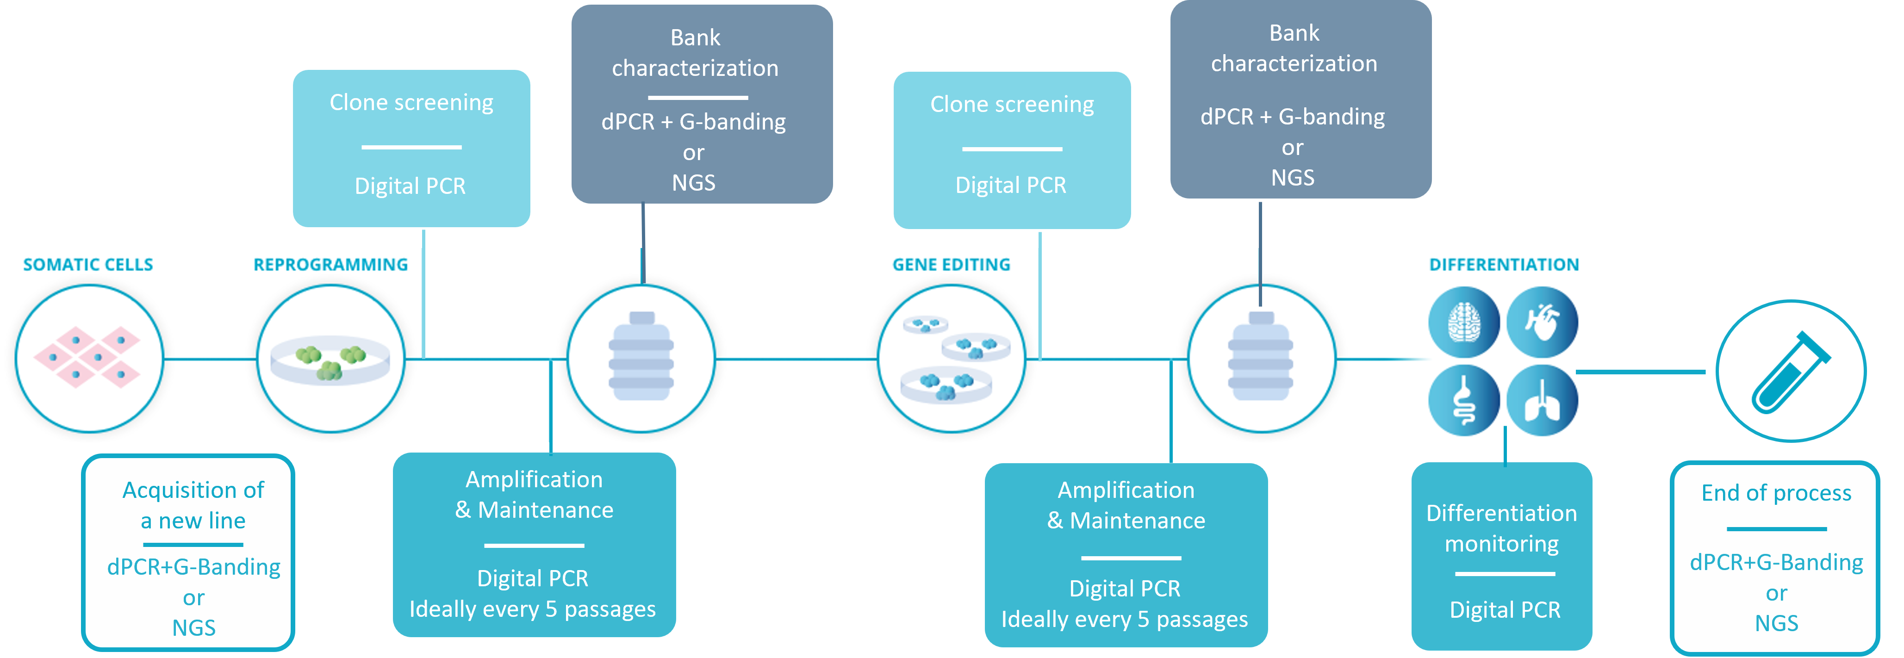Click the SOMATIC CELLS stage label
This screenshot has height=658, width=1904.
tap(88, 265)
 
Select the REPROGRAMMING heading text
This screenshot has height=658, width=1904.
tap(330, 265)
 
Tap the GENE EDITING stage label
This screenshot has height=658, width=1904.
tap(951, 265)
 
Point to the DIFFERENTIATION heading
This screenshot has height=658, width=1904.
tap(1503, 265)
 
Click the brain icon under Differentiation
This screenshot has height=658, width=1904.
tap(1463, 323)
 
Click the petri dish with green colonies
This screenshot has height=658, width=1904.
tap(330, 360)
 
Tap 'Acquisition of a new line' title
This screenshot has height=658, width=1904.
tap(193, 505)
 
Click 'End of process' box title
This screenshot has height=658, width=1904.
tap(1776, 493)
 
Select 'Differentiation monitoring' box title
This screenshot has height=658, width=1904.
tap(1501, 528)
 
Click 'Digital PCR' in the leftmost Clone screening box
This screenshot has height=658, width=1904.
tap(410, 186)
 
